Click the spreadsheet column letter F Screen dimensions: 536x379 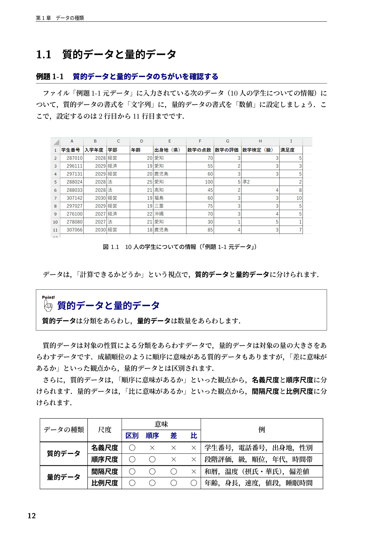pos(200,141)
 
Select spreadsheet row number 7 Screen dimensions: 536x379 pos(55,198)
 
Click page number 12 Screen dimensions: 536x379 pos(32,516)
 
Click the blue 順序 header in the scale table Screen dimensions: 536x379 pos(152,436)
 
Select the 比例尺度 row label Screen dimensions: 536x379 pos(105,483)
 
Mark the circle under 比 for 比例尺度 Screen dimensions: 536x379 pos(194,483)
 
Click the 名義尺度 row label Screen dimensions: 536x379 pos(105,448)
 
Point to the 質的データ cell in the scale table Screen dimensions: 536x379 pos(63,453)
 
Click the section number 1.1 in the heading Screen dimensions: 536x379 pos(44,55)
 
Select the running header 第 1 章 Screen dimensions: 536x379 pos(43,18)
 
